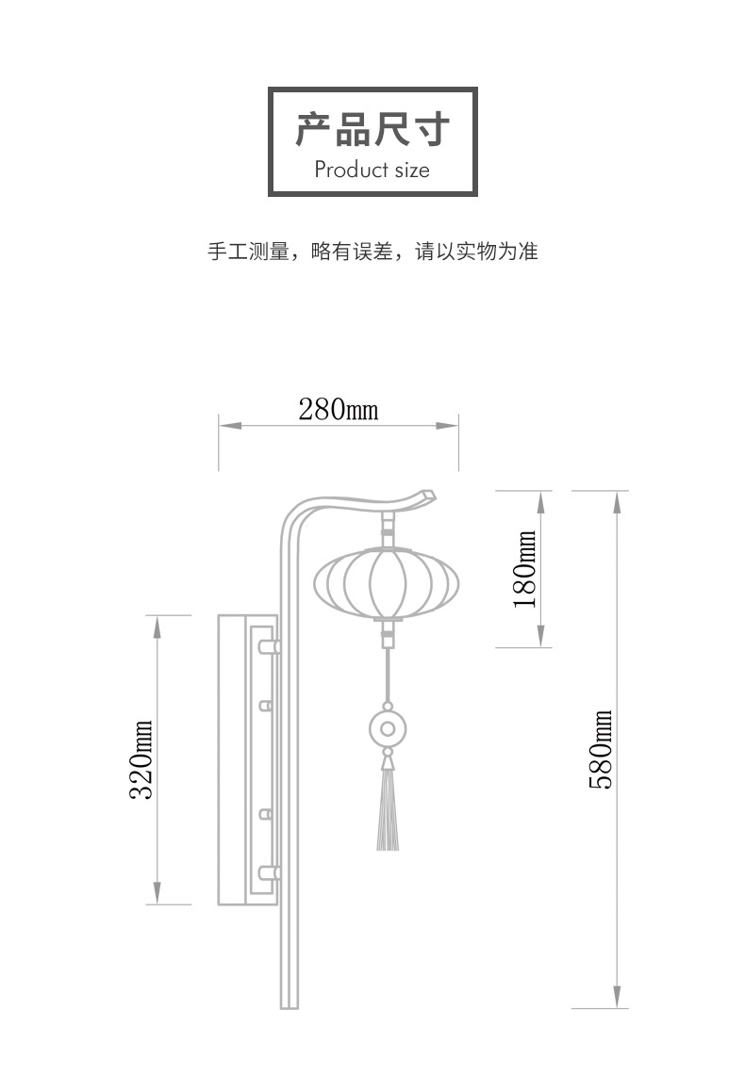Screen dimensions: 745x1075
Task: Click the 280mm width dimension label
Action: [339, 409]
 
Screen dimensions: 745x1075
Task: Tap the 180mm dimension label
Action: [525, 569]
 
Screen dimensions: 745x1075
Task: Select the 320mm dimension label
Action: [141, 759]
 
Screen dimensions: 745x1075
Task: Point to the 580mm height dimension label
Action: [601, 749]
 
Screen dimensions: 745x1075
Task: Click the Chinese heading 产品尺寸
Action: [372, 130]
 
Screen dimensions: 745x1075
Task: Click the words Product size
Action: [372, 170]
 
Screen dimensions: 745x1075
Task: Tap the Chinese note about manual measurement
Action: [372, 252]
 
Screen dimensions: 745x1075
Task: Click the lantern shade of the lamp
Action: [387, 584]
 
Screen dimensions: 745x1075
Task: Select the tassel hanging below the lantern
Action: [388, 809]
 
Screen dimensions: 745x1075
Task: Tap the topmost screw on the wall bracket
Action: [268, 646]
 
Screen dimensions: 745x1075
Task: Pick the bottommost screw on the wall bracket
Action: [268, 872]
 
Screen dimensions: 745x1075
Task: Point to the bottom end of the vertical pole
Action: [290, 1007]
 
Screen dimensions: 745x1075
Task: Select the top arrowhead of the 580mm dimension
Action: [617, 502]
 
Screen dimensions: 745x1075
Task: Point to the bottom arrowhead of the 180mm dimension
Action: [540, 636]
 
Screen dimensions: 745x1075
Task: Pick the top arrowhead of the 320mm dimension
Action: [157, 627]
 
